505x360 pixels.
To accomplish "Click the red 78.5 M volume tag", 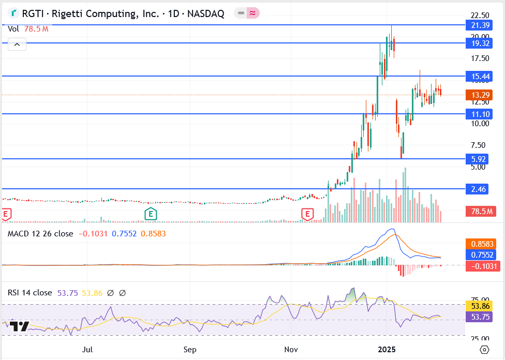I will (480, 211).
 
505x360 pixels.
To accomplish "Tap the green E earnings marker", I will (151, 213).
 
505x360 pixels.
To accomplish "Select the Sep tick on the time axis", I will (190, 350).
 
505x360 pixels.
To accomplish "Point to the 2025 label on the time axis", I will (387, 350).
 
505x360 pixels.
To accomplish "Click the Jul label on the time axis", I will (88, 350).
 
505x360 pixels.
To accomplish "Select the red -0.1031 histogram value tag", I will (481, 266).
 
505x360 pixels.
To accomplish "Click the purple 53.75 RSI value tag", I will (480, 317).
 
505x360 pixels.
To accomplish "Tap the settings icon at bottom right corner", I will (484, 350).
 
